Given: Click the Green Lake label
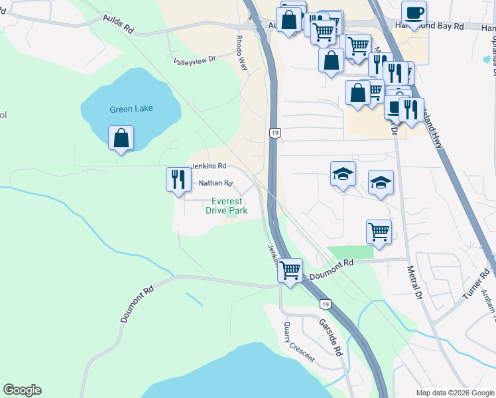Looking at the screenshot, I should click(x=131, y=109).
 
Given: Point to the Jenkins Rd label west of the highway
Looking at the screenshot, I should click(x=209, y=166).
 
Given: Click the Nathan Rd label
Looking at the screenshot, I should click(x=216, y=183).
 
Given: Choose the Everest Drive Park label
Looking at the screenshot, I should click(x=229, y=206).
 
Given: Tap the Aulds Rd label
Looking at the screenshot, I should click(x=119, y=26).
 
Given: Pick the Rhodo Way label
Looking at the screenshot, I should click(x=241, y=50).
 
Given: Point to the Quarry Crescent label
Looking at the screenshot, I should click(x=298, y=341).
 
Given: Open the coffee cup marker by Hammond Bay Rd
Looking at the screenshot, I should click(x=414, y=13).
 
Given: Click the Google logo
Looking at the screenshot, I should click(x=22, y=390).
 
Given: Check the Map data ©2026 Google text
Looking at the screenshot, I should click(x=454, y=393).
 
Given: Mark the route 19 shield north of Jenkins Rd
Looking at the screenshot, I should click(x=274, y=133).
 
